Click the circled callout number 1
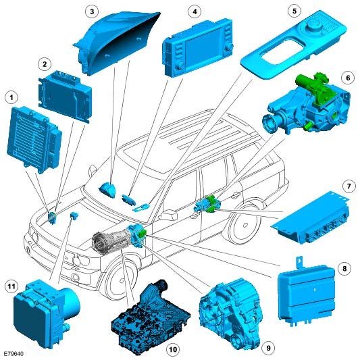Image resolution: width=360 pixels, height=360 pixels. tap(11, 98)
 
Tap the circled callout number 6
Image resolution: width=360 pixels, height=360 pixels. tap(348, 78)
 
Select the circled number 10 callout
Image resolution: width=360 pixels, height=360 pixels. tap(173, 349)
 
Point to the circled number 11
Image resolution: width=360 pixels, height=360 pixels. tap(11, 286)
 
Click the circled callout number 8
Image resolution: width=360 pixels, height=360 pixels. tap(344, 268)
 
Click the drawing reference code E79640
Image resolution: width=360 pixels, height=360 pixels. tap(14, 354)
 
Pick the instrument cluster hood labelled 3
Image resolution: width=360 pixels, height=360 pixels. tap(117, 43)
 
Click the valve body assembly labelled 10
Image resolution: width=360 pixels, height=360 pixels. tap(151, 318)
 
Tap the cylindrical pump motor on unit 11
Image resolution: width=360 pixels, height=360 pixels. tap(70, 301)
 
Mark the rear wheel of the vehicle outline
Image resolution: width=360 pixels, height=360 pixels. tap(245, 226)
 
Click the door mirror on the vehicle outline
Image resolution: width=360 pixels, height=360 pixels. tap(170, 215)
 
